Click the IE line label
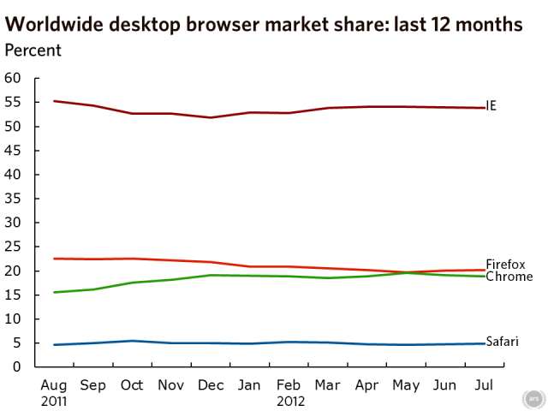491,105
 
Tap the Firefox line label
505,264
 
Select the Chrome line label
509,277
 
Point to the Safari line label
502,341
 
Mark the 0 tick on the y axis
16,366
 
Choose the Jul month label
484,385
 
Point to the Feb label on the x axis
289,385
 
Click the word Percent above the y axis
33,50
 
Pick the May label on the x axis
407,386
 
